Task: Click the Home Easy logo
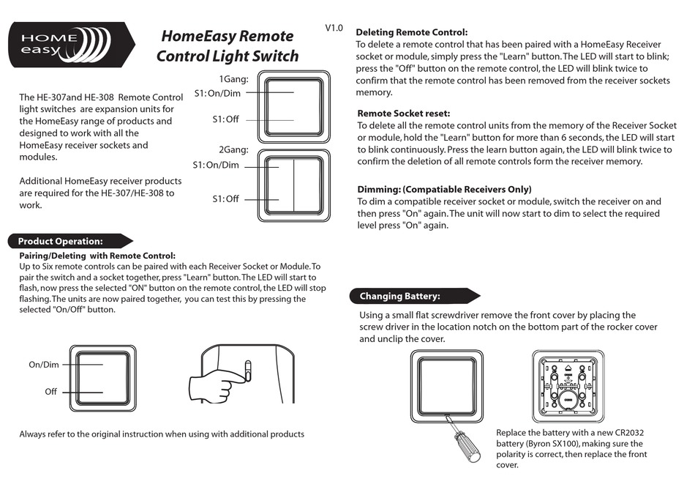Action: [71, 45]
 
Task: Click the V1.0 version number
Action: [334, 28]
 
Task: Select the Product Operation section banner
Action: [66, 241]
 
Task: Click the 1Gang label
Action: [234, 79]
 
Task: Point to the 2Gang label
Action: [233, 150]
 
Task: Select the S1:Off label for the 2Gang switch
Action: [225, 199]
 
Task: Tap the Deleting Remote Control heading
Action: [411, 32]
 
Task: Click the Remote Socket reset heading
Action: [403, 114]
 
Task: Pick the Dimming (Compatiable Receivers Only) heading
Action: [444, 189]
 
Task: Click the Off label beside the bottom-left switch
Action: [50, 392]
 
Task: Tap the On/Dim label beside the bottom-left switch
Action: [44, 365]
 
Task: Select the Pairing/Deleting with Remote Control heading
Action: [97, 256]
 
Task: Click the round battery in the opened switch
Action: [568, 397]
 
